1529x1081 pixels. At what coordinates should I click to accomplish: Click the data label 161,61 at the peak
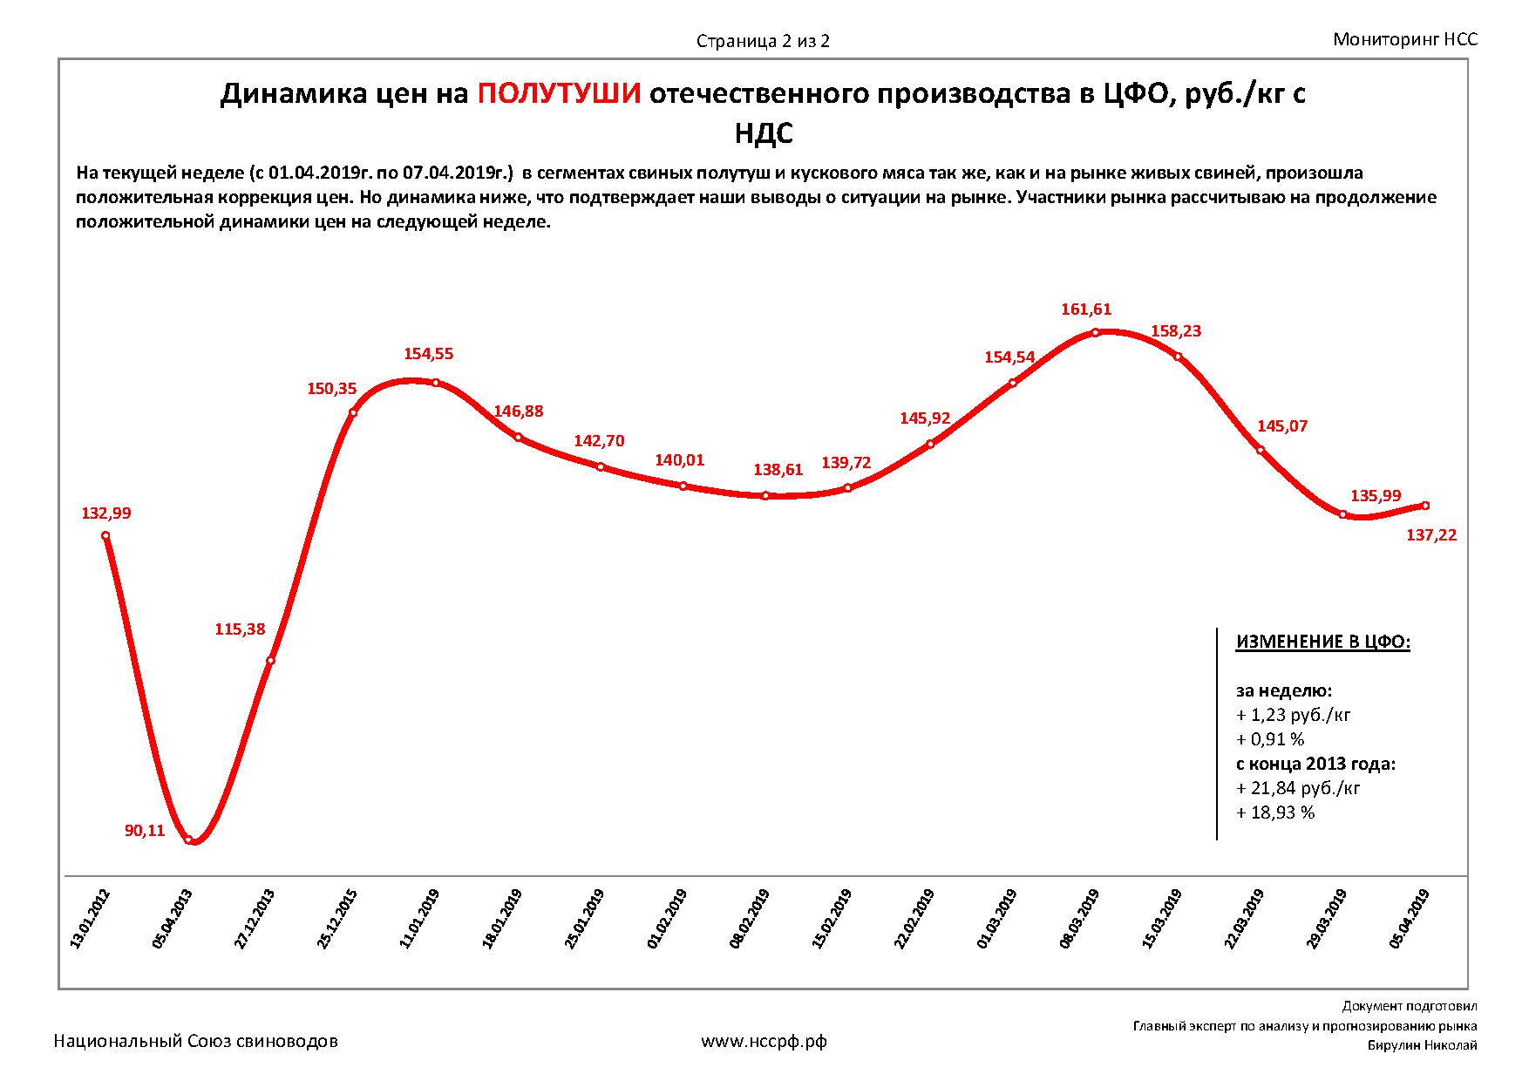tap(1086, 309)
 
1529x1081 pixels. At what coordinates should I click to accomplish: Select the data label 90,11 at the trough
tap(145, 831)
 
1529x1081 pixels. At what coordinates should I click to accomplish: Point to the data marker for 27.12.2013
tap(270, 661)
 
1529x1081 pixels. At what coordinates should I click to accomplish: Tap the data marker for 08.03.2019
tap(1095, 332)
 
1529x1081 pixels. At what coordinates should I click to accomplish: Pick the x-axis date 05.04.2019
tap(1410, 919)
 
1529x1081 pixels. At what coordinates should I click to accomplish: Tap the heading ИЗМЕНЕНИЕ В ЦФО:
tap(1322, 642)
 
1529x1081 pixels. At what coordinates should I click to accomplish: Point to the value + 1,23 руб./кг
tap(1294, 715)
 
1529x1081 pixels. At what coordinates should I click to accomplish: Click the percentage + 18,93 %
tap(1275, 812)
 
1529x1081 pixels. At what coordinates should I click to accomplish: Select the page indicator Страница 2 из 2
tap(763, 41)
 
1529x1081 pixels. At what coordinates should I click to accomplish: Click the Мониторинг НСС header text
tap(1405, 39)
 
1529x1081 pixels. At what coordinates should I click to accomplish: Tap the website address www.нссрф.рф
tap(764, 1041)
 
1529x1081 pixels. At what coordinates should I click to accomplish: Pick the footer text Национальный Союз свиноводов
tap(196, 1041)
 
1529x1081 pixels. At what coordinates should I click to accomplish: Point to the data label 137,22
tap(1431, 535)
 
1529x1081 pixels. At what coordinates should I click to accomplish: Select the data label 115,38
tap(240, 629)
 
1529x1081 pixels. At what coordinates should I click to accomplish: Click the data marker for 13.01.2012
tap(105, 536)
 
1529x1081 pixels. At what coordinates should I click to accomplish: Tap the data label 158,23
tap(1176, 331)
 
